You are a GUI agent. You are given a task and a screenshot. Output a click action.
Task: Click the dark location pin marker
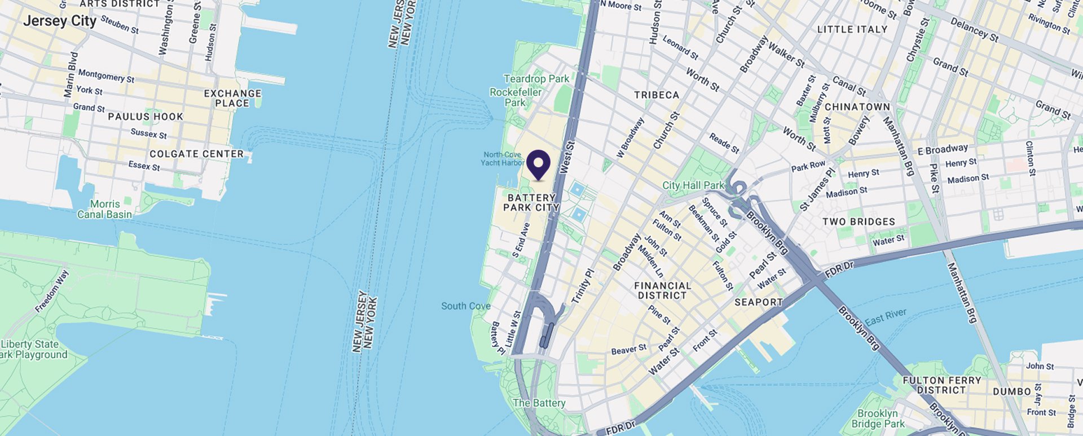538,164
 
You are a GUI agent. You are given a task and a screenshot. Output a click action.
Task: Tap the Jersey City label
60,21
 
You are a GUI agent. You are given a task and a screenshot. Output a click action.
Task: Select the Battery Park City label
531,202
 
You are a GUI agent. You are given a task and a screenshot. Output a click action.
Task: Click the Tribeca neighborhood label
656,95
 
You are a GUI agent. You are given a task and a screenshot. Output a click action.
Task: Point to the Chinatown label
857,107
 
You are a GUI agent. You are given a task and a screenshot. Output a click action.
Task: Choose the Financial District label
662,290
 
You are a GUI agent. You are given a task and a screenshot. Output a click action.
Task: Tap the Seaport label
758,302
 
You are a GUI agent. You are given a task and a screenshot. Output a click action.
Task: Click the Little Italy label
852,29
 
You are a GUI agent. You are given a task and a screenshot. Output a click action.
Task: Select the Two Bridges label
859,222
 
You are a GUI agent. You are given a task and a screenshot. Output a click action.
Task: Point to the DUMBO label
1011,391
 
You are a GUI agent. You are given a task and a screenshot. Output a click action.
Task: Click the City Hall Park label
693,185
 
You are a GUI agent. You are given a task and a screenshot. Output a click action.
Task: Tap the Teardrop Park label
536,79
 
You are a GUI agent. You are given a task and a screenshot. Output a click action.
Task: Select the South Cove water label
465,306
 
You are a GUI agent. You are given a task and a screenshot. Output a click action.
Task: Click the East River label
886,317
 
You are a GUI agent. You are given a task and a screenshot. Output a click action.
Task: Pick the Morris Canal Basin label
105,209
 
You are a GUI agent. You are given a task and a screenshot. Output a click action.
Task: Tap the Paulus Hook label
146,117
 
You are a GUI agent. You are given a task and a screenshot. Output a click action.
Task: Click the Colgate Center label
196,154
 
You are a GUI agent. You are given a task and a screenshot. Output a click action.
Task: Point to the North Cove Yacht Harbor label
502,159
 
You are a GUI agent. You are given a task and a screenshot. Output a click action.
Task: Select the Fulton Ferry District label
941,385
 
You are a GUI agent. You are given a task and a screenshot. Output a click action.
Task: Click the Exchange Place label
232,98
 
